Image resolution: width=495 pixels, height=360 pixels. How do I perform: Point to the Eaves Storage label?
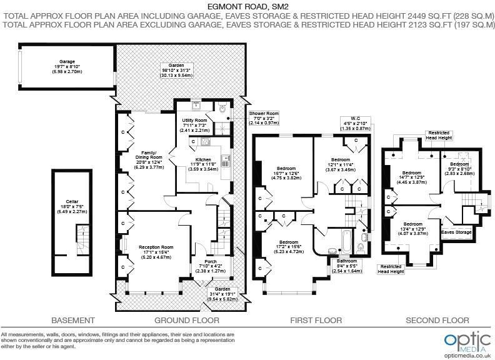coord(456,232)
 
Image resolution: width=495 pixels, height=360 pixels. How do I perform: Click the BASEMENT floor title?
coord(73,321)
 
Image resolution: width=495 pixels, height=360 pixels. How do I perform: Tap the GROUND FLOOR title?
coord(187,321)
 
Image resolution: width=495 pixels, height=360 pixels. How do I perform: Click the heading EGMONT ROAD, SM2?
coord(247,7)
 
